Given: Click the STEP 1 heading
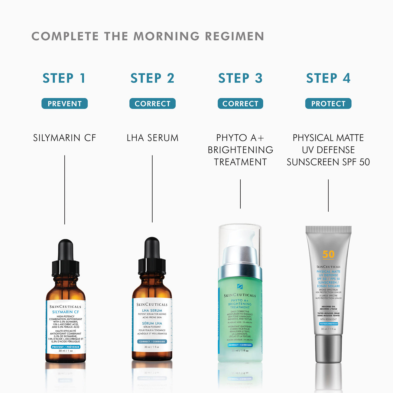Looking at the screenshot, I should coord(64,78).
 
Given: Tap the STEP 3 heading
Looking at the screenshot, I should coord(240,78).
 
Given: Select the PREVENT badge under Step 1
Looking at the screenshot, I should coord(64,104).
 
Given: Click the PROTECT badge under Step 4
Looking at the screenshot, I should coord(328,104).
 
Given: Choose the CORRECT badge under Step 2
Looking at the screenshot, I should coord(152,104).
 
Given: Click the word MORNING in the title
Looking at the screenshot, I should coord(166,36).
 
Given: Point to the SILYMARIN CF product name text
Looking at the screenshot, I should coord(64,138).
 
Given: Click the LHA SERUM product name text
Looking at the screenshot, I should coord(152,138).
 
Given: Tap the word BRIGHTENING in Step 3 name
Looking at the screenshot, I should coord(240,150).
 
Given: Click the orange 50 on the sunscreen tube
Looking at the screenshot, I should coord(328,255).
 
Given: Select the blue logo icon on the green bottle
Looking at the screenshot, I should coord(240,286).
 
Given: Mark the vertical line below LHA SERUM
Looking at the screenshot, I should coord(152,189).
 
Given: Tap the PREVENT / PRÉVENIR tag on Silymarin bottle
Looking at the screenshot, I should coord(66,347).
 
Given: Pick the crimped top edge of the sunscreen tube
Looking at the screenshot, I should coord(328,229).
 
